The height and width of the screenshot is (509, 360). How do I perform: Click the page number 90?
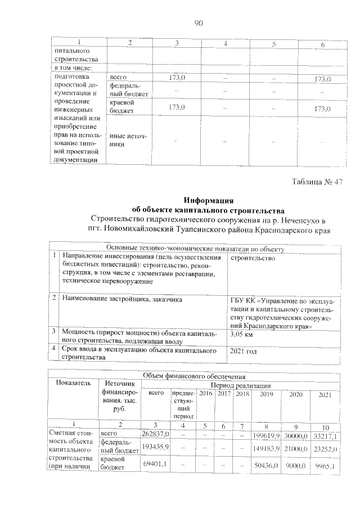[x=197, y=23]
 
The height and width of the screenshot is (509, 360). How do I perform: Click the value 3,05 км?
[x=244, y=334]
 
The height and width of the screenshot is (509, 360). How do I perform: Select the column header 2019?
[x=265, y=395]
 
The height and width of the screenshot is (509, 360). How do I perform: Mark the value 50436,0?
[x=266, y=465]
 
